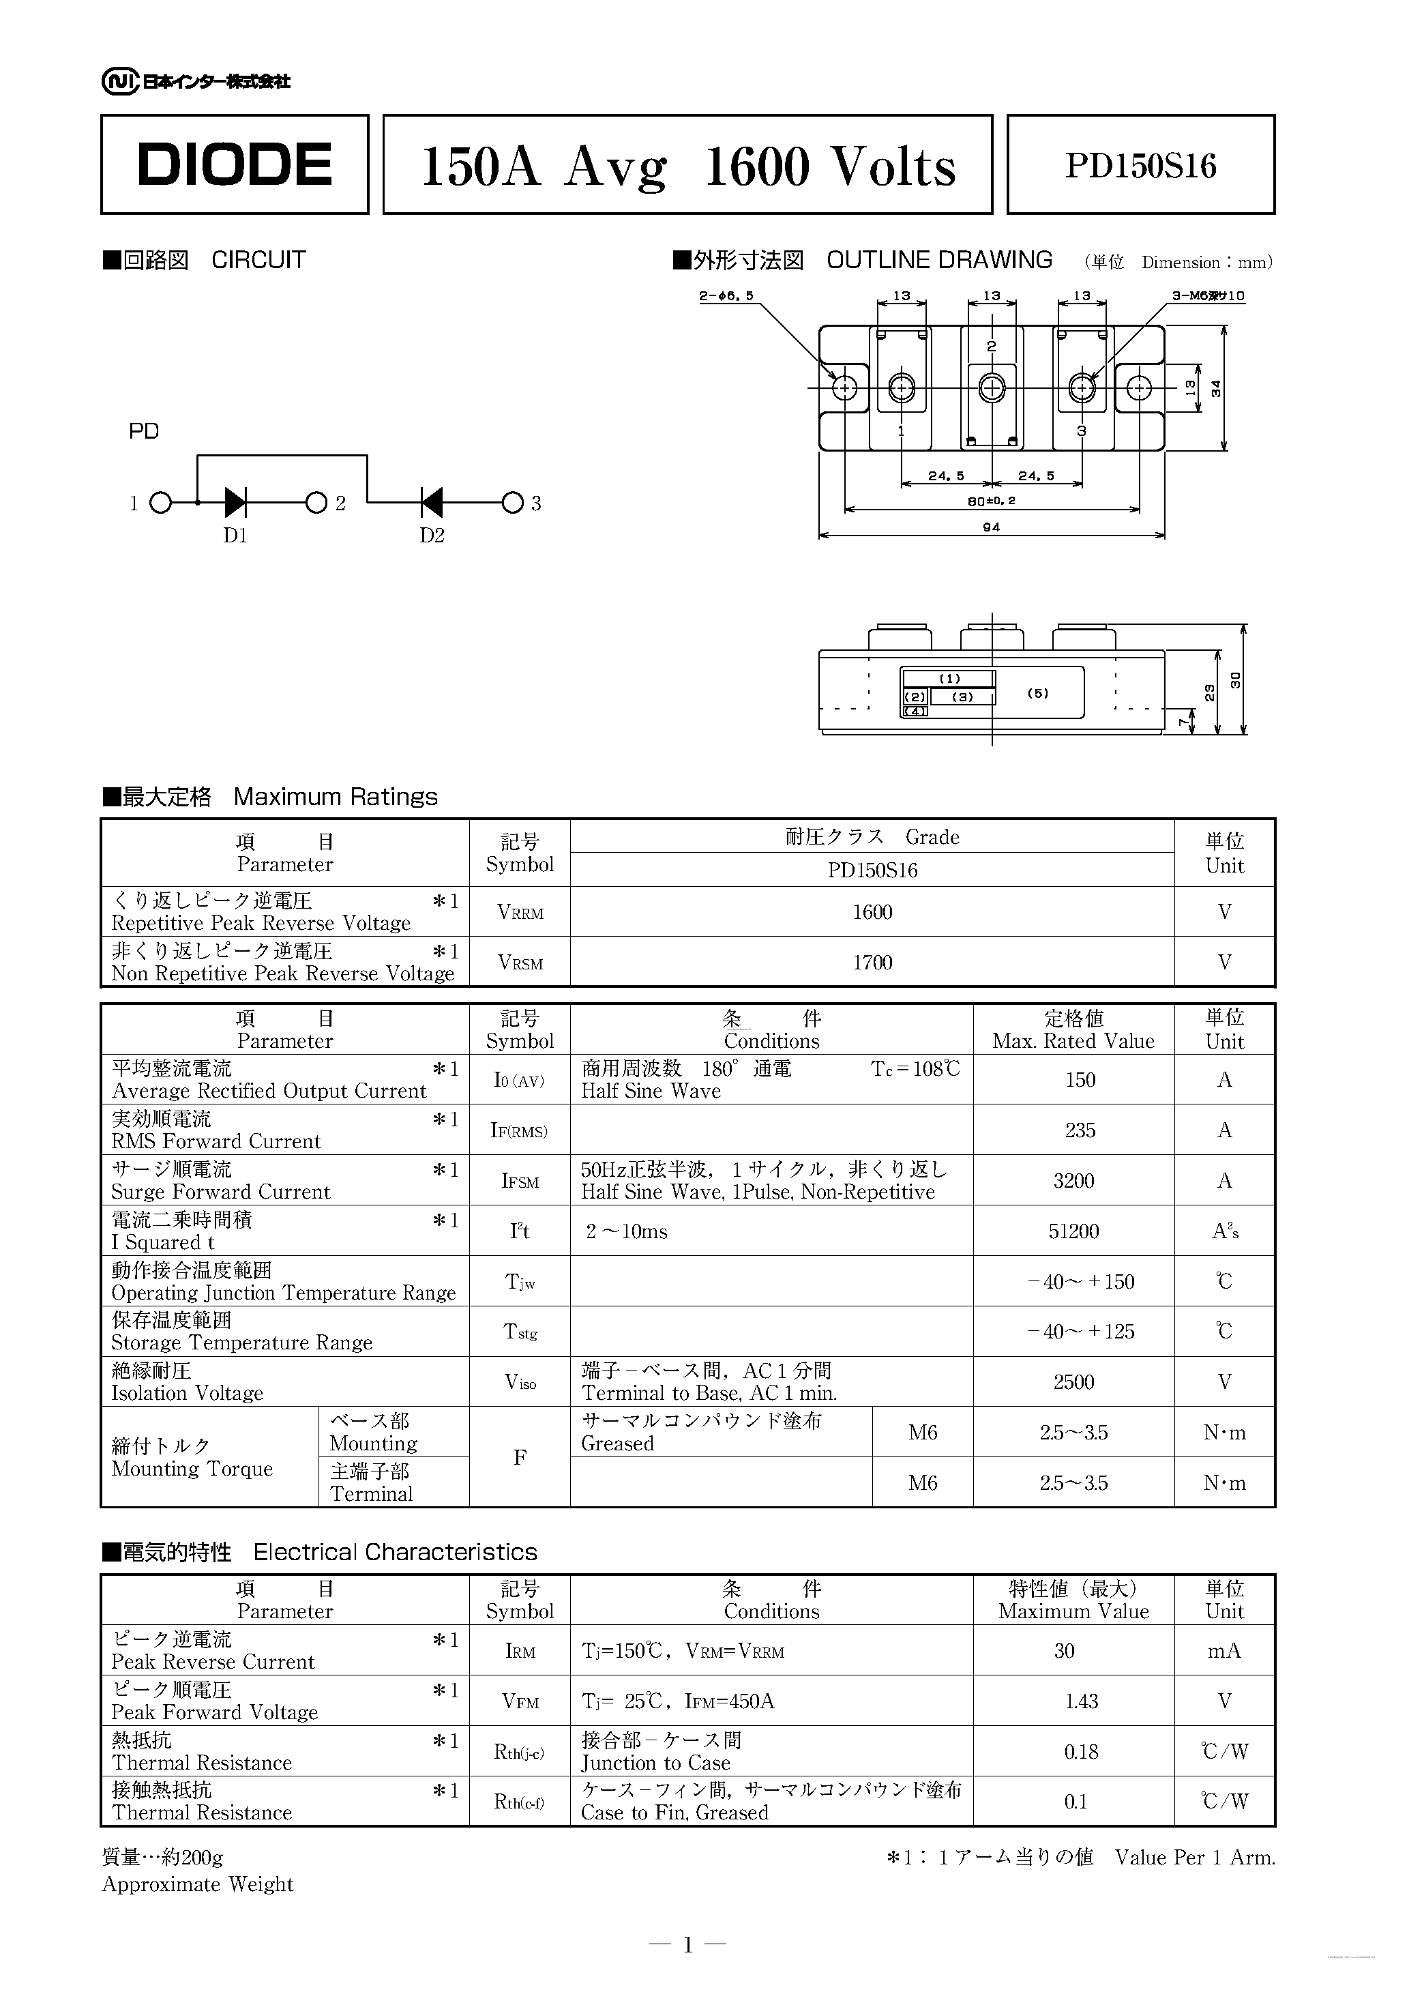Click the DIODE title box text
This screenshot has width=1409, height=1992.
pyautogui.click(x=234, y=165)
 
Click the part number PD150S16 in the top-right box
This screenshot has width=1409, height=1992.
pyautogui.click(x=1140, y=166)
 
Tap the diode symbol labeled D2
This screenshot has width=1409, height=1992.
pyautogui.click(x=431, y=502)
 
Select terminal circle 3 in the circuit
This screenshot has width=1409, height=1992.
pyautogui.click(x=513, y=503)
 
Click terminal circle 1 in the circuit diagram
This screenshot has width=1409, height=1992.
pyautogui.click(x=160, y=503)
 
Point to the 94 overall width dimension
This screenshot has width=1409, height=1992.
pyautogui.click(x=991, y=527)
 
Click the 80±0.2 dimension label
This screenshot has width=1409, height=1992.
pyautogui.click(x=991, y=501)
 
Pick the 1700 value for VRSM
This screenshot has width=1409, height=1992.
pyautogui.click(x=872, y=962)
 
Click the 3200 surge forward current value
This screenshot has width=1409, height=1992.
pyautogui.click(x=1073, y=1181)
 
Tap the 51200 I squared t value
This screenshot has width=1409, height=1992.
pyautogui.click(x=1073, y=1231)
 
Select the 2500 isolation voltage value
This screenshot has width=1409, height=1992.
pyautogui.click(x=1073, y=1382)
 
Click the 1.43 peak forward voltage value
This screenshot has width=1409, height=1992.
pyautogui.click(x=1081, y=1701)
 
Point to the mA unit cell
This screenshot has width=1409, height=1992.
pyautogui.click(x=1224, y=1651)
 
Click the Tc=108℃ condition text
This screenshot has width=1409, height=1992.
pyautogui.click(x=915, y=1069)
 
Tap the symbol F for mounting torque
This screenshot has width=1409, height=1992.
pyautogui.click(x=520, y=1458)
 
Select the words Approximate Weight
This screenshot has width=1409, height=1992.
pyautogui.click(x=198, y=1884)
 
